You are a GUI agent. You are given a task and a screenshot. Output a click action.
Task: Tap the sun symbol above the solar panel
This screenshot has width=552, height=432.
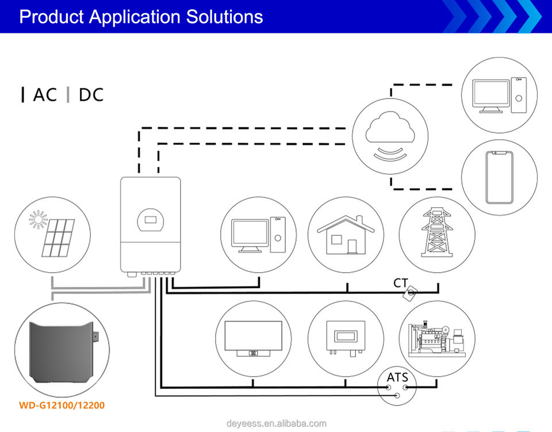39,219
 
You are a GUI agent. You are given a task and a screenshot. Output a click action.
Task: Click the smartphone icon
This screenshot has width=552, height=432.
499,178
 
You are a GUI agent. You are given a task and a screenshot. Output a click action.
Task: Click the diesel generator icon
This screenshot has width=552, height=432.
436,338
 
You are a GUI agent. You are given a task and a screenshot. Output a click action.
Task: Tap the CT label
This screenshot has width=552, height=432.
401,283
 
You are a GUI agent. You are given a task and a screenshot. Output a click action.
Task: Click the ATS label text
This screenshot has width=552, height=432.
397,377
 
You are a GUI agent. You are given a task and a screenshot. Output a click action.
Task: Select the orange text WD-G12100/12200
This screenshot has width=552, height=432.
62,406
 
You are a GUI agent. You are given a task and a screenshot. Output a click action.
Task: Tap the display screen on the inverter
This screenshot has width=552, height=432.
151,219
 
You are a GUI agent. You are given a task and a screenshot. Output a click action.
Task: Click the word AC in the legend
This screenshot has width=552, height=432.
45,94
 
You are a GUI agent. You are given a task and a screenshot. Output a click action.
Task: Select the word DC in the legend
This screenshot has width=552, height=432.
91,94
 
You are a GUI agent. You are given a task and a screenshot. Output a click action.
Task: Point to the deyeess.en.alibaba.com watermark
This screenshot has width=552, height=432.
276,424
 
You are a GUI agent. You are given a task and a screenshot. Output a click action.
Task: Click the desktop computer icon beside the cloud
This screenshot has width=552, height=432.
499,95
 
